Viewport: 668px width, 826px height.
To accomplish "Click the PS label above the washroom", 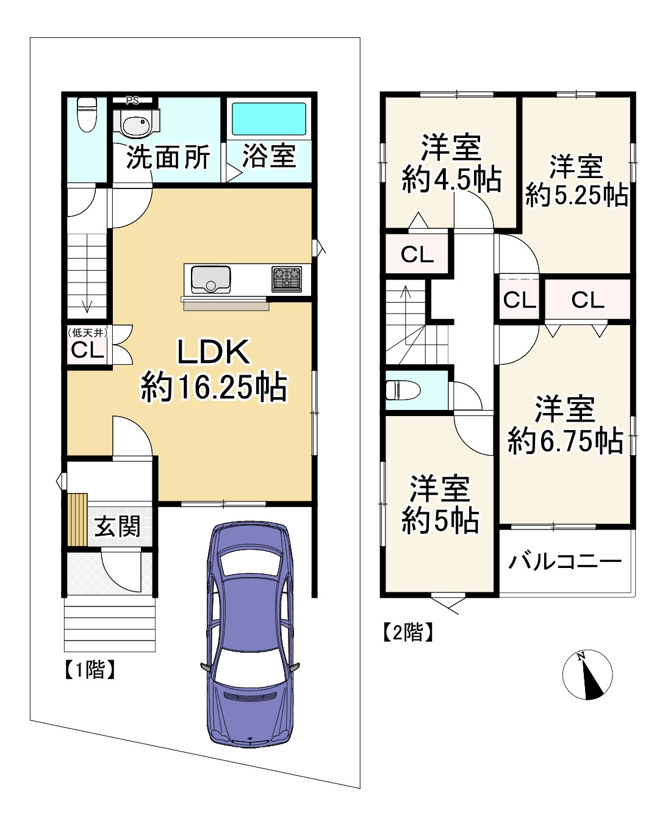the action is coord(132,101).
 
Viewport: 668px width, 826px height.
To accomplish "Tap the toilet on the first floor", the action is coord(87,115).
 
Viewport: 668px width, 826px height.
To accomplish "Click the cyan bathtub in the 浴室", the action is coord(268,119).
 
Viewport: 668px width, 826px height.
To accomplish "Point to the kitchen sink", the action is coord(210,279).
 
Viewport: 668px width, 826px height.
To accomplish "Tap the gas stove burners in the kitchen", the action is coord(287,278).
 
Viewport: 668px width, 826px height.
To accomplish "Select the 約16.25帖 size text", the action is coord(214,387).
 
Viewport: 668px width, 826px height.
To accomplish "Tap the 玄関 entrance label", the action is coord(117,526).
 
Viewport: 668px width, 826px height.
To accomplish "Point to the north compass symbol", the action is coord(587,675).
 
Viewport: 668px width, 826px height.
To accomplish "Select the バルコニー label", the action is coord(565,561).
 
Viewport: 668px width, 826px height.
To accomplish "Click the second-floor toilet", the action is coord(403,390).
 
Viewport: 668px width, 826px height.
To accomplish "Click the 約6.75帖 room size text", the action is coord(566,440).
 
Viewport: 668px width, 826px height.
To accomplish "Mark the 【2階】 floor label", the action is coord(408,633).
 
